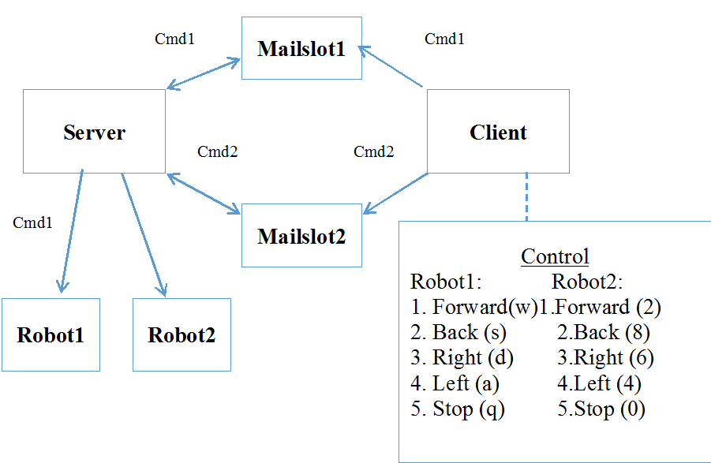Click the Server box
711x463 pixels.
94,132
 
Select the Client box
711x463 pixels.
498,132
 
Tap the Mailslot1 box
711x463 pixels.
301,49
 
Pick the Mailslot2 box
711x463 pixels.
301,236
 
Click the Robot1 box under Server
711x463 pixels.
51,334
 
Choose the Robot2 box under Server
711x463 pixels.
181,334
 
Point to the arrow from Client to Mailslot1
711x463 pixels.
392,66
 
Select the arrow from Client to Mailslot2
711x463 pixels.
395,192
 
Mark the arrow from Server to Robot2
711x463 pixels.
143,233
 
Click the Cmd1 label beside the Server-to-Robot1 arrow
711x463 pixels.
33,222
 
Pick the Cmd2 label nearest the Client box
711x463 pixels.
373,151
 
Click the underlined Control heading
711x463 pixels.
555,256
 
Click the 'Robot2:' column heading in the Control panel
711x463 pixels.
587,282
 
